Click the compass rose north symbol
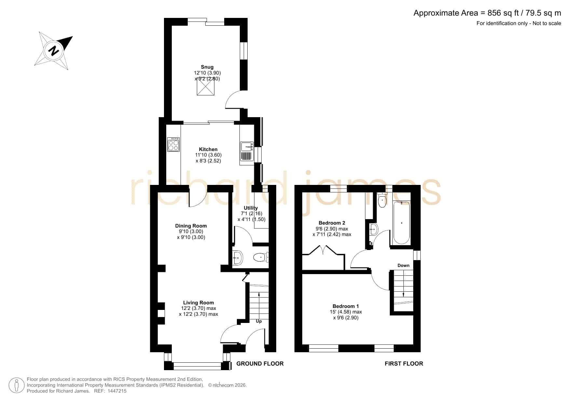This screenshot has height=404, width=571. click(54, 51)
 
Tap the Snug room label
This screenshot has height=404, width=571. click(207, 67)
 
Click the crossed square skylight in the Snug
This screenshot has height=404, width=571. click(206, 87)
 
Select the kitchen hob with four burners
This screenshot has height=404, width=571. click(173, 145)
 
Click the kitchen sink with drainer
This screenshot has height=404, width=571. click(247, 151)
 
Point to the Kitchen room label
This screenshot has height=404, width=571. click(208, 149)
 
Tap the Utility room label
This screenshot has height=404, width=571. click(251, 208)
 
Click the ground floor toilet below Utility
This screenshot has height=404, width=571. click(261, 258)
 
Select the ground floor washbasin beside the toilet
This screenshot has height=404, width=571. click(238, 258)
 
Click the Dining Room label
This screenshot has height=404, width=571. click(191, 226)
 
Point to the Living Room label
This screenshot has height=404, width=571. click(198, 303)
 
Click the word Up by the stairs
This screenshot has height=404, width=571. click(259, 321)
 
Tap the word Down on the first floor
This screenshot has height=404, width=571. click(403, 265)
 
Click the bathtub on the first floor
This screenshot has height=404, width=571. click(401, 223)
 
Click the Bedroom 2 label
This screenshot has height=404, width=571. click(332, 223)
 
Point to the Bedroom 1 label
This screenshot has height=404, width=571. click(346, 306)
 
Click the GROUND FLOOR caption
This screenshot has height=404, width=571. click(260, 364)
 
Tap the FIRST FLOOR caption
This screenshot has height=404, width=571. click(404, 364)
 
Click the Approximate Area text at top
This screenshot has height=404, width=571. click(487, 13)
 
